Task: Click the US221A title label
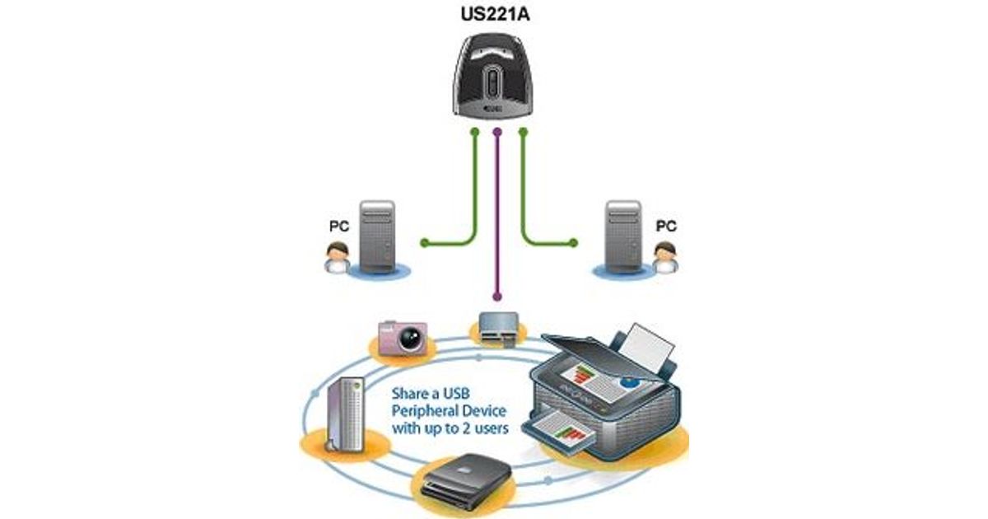(493, 14)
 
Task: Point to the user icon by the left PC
(335, 258)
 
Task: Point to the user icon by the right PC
(665, 258)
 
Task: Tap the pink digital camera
(403, 337)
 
